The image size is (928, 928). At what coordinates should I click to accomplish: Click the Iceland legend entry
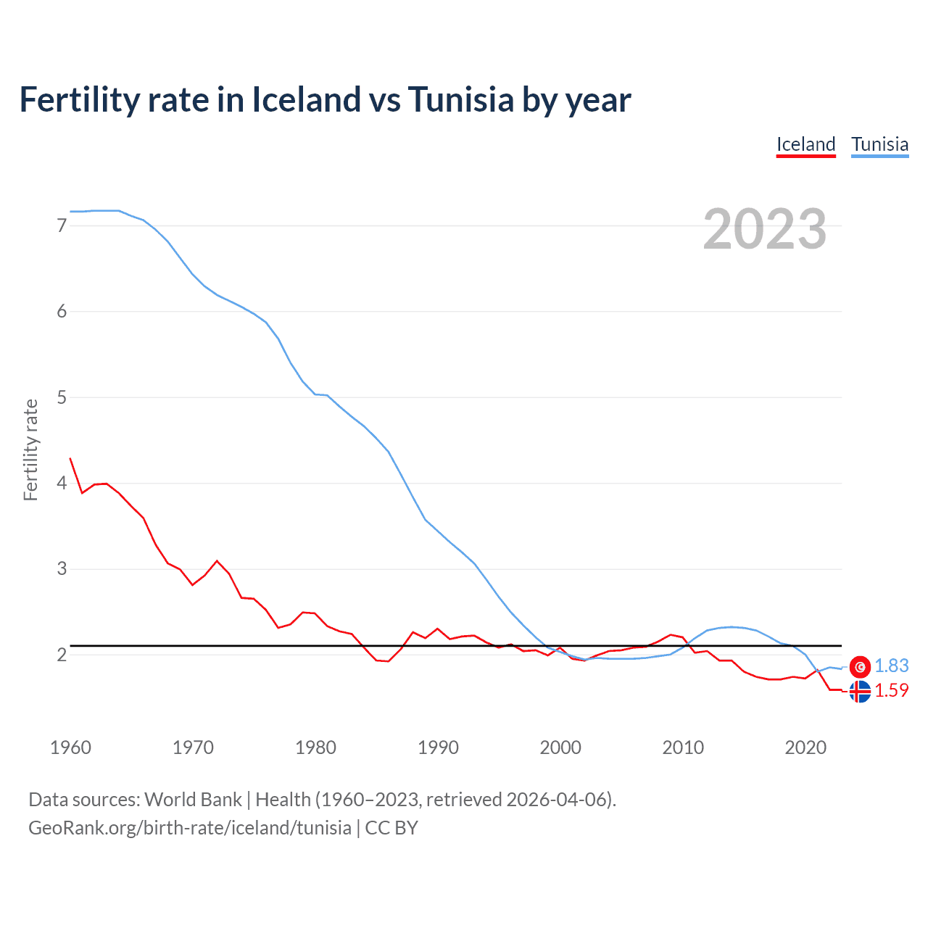point(805,144)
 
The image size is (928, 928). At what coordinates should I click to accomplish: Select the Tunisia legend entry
point(879,144)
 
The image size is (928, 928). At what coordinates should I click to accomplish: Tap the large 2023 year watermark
point(764,229)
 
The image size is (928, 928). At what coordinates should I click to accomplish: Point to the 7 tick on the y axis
point(62,225)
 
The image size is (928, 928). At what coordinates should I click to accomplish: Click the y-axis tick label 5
point(62,397)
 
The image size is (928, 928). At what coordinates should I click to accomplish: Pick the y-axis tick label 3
point(62,568)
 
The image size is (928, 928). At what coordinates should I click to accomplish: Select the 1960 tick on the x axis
point(70,747)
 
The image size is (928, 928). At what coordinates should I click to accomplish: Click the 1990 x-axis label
point(438,747)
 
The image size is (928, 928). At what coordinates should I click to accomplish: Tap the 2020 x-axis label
point(805,747)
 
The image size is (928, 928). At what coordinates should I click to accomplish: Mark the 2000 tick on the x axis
point(560,747)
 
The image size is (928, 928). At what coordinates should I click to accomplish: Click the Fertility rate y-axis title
point(30,449)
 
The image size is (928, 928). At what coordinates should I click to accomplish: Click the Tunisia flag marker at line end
point(860,666)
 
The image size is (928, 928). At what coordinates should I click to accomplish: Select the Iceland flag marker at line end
point(860,692)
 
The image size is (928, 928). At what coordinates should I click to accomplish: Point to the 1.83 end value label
point(891,666)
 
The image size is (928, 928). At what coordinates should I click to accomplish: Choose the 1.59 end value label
point(891,690)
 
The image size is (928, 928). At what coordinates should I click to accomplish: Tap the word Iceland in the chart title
point(306,99)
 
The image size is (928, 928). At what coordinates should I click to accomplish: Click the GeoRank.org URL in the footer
point(190,828)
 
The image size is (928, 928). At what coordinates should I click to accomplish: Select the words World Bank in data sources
point(193,800)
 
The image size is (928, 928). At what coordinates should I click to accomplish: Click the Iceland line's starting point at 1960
point(70,458)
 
